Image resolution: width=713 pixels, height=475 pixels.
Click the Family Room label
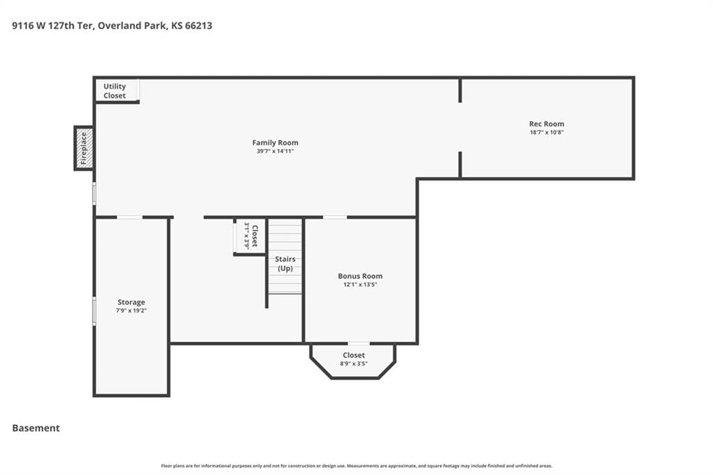coord(275,142)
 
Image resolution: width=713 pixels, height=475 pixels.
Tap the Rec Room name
coord(547,124)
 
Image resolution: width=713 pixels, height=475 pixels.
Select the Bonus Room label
coord(360,276)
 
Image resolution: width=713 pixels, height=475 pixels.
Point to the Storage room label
coord(132,302)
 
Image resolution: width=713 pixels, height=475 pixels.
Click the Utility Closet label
coord(115,91)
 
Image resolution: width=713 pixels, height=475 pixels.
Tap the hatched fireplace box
coord(84,148)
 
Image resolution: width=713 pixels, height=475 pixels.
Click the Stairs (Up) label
coord(285,263)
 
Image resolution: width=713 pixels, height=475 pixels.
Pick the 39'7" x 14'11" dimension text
coord(275,151)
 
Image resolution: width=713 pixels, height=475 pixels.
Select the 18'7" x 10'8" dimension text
coord(547,132)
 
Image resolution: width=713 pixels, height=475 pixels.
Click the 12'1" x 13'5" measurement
coord(360,284)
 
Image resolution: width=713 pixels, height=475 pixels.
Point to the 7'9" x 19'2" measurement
coord(132,311)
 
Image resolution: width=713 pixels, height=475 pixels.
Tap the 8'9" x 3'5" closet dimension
coord(354,364)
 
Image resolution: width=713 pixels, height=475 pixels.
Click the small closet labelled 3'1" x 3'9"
coord(250,236)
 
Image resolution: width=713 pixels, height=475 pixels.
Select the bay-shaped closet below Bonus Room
coord(353,361)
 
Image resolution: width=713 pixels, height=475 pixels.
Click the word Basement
coord(36,428)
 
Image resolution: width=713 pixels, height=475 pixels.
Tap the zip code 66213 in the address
coord(198,26)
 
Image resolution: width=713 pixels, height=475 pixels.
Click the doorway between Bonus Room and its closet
coord(359,343)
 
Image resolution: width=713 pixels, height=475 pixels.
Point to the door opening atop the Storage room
coord(130,217)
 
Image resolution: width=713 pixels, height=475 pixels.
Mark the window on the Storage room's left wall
coord(95,311)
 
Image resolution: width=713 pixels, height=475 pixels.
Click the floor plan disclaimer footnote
coord(356,466)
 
